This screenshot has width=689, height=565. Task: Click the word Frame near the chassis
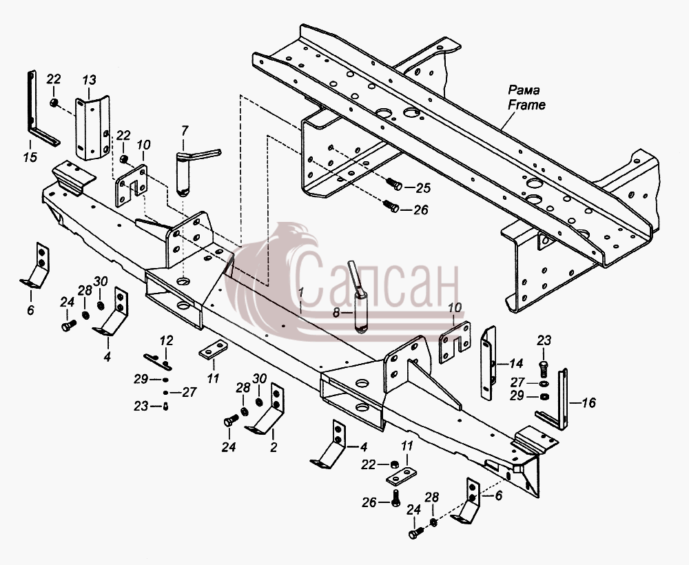click(526, 105)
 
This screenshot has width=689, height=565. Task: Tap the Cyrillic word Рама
click(524, 90)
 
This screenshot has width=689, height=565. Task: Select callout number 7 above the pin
click(185, 130)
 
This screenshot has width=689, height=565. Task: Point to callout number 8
click(336, 313)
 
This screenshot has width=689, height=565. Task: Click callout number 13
click(89, 80)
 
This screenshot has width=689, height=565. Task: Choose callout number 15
click(30, 156)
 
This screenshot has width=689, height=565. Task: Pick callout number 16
click(588, 402)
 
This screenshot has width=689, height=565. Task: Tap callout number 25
click(423, 188)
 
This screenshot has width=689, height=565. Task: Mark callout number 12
click(166, 340)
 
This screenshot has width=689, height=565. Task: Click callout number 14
click(516, 363)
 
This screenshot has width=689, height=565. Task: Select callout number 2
click(274, 447)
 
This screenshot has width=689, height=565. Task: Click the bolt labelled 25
click(393, 184)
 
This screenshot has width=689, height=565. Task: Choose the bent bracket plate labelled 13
click(92, 127)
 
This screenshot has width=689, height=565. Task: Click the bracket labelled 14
click(489, 362)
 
